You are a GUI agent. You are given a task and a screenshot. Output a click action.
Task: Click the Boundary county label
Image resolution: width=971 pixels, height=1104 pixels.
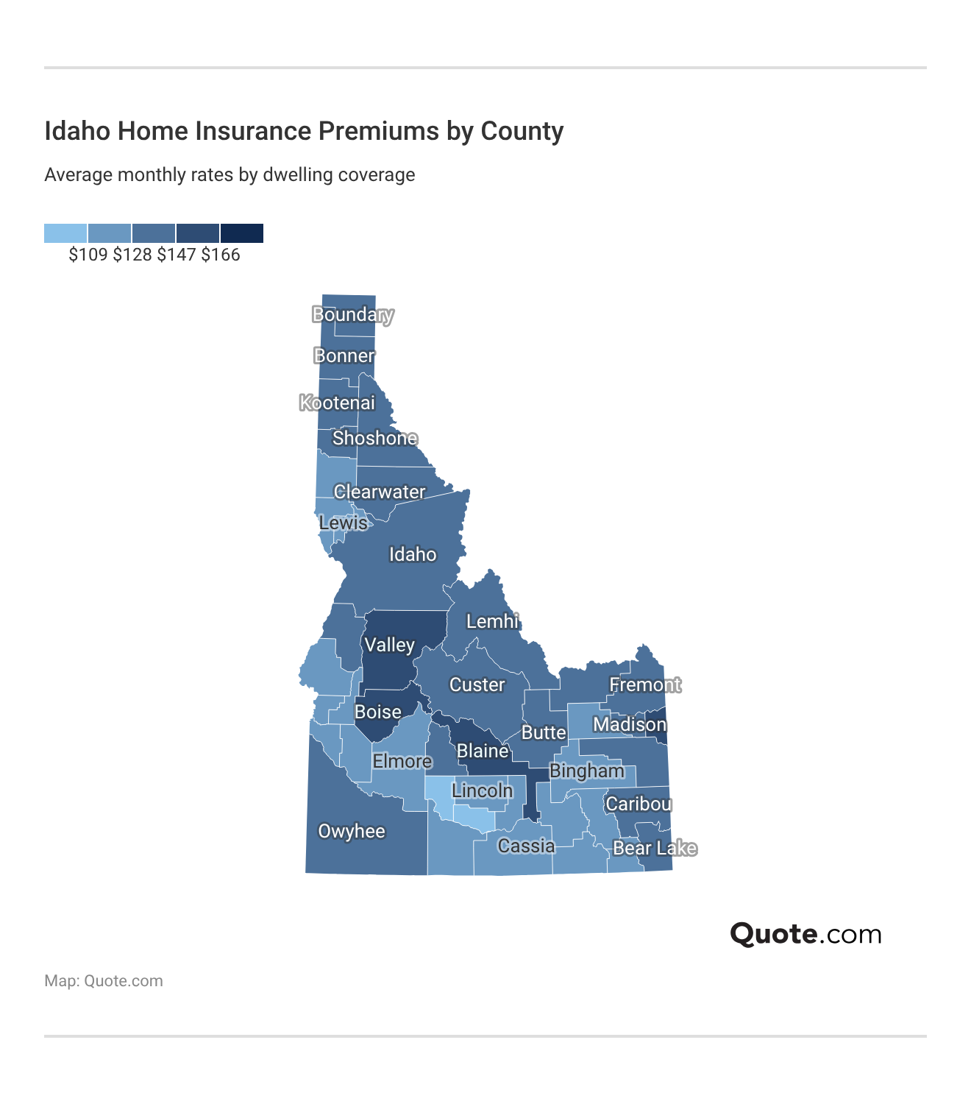(x=353, y=315)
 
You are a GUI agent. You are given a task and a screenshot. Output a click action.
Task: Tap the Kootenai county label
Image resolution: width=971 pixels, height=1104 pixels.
(x=338, y=403)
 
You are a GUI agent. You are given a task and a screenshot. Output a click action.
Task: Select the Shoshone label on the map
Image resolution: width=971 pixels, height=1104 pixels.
(x=375, y=439)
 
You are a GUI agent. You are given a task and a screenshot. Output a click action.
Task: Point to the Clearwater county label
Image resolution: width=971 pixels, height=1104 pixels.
(x=380, y=492)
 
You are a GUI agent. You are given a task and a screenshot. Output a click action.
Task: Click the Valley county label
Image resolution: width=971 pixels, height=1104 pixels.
(x=390, y=645)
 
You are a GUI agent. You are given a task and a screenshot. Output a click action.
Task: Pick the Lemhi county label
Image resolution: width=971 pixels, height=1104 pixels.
(x=493, y=622)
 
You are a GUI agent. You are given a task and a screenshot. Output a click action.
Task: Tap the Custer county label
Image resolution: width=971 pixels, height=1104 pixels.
(x=477, y=685)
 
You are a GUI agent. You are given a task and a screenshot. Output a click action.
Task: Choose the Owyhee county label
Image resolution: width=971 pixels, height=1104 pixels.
(x=352, y=832)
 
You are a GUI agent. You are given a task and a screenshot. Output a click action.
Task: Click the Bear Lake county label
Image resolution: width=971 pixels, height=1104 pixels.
(x=655, y=849)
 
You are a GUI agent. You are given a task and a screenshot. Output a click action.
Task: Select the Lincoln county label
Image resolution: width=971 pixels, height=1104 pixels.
(x=483, y=791)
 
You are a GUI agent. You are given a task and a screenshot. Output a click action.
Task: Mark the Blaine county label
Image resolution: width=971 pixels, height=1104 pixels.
(x=483, y=751)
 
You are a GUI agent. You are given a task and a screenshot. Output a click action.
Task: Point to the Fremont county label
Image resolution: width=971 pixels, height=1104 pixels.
(x=645, y=685)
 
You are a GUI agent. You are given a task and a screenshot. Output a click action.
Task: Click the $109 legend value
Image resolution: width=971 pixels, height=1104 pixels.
(x=88, y=255)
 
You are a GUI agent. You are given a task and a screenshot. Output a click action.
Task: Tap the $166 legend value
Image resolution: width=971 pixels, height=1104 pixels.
(x=221, y=255)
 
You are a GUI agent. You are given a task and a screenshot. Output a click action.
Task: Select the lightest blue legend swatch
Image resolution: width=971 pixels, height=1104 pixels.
(x=65, y=233)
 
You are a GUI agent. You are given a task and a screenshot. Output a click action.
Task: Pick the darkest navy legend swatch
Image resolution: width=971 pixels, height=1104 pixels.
(x=242, y=233)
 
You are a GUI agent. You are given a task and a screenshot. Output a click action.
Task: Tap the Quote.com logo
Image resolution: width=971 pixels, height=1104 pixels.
(x=805, y=934)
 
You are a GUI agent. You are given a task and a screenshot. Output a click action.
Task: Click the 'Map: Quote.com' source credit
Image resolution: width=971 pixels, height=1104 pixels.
(x=104, y=981)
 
